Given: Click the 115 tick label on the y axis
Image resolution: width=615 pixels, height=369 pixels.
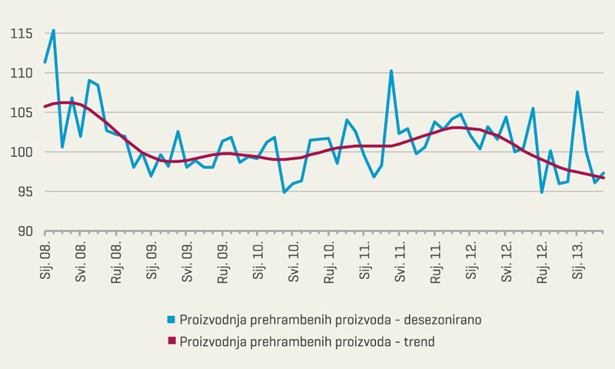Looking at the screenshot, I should pos(21,34).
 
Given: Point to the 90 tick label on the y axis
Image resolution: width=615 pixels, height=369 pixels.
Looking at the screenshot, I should pos(24,231).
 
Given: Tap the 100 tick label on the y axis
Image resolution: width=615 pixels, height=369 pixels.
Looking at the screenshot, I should pos(21,152).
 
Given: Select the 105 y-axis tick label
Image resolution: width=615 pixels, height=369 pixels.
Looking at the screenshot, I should pos(21,113).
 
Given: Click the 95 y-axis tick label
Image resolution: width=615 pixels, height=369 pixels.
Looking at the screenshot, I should pos(24,192).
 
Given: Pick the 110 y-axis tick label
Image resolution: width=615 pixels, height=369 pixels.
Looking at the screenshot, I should pos(21,73).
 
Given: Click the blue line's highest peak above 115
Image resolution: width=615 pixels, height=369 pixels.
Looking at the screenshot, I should pos(53,31).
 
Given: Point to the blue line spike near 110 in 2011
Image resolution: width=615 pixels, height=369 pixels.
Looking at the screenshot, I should pos(391,71).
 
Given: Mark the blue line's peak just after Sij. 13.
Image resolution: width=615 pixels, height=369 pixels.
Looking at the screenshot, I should pos(577,92).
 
